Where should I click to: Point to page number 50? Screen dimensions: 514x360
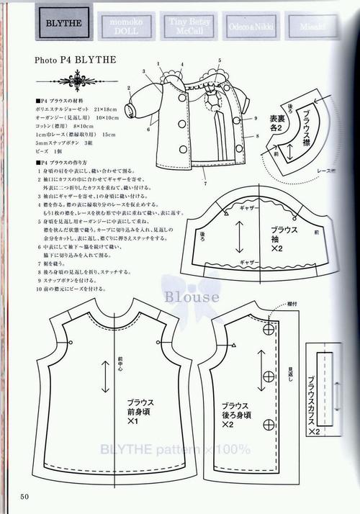[24, 495]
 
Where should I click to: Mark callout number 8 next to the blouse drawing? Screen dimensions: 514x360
[256, 135]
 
